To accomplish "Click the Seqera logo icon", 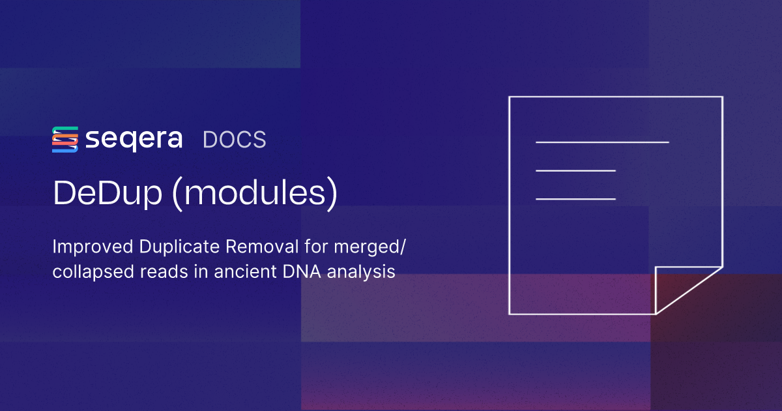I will [x=65, y=140].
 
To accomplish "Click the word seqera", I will [x=134, y=140].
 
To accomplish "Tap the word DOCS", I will [x=234, y=140].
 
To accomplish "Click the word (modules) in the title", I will [x=253, y=194].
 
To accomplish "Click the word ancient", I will [x=242, y=272].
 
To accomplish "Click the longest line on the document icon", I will [x=602, y=142].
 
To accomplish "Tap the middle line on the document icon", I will [x=575, y=170].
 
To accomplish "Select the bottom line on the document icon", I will [x=575, y=199].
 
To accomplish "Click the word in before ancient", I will [x=198, y=272].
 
